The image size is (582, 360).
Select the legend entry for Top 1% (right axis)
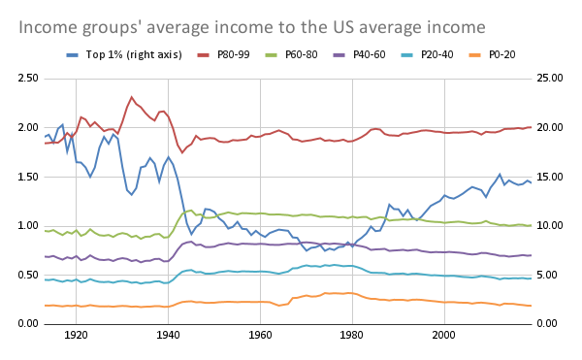pos(125,54)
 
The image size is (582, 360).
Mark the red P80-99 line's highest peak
pos(132,97)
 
